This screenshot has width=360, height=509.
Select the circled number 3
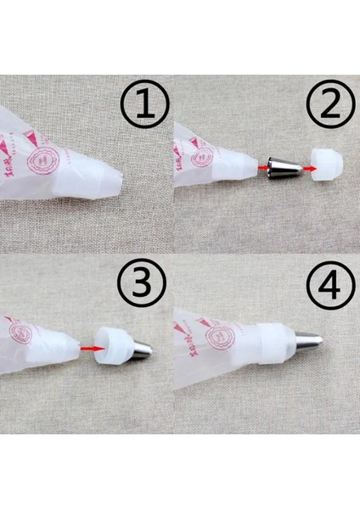[x=143, y=289]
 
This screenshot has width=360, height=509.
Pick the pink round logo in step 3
[x=22, y=334]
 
